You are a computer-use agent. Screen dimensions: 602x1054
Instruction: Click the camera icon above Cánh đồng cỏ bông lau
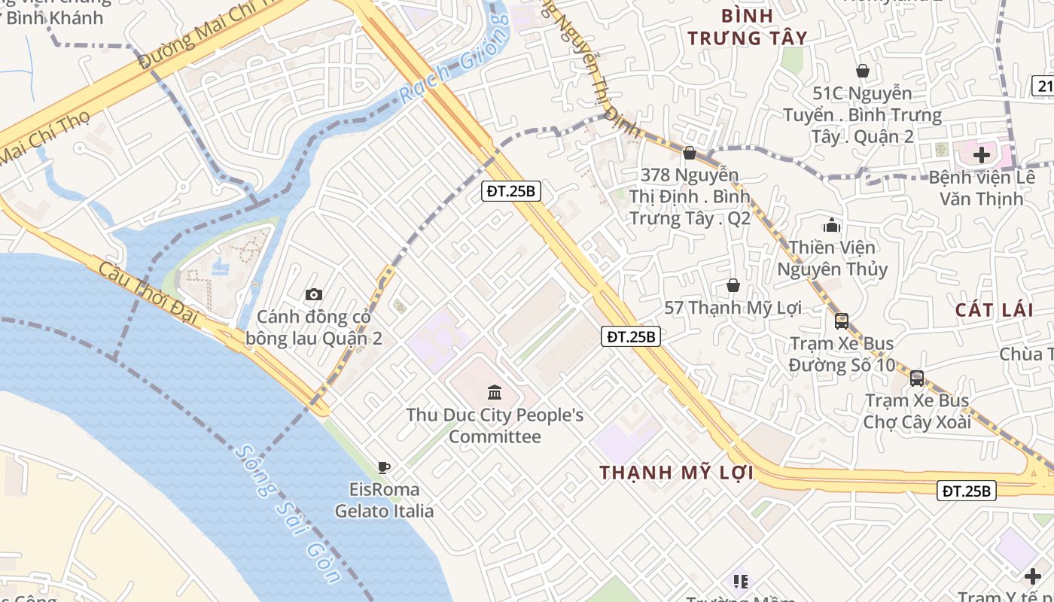pos(314,294)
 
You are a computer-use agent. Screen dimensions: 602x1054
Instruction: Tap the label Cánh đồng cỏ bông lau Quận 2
pos(314,328)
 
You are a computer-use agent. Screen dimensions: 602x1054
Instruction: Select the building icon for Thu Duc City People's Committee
pos(495,392)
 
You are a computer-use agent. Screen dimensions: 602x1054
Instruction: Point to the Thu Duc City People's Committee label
pos(495,426)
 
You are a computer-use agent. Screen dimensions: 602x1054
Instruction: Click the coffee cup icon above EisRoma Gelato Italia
pos(384,467)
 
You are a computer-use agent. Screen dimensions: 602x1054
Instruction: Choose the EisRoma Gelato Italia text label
pos(384,500)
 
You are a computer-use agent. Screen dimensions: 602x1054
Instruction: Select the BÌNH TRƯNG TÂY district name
pos(747,27)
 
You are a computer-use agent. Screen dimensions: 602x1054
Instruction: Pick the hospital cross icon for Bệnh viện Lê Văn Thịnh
pos(982,155)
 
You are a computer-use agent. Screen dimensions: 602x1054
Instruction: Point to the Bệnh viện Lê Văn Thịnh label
pos(976,188)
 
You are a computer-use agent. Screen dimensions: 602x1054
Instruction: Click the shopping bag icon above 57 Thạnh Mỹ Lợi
pos(733,285)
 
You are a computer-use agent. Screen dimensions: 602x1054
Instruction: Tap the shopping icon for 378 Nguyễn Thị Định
pos(689,153)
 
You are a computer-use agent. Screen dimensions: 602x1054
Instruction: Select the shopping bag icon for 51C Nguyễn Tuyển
pos(863,71)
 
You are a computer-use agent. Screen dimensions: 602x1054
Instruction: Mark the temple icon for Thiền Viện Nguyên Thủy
pos(832,225)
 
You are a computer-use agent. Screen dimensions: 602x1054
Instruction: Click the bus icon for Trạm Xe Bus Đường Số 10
pos(842,321)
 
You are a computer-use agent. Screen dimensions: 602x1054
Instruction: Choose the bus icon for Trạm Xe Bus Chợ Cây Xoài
pos(917,379)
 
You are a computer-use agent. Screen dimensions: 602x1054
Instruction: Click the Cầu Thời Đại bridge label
pos(147,290)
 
